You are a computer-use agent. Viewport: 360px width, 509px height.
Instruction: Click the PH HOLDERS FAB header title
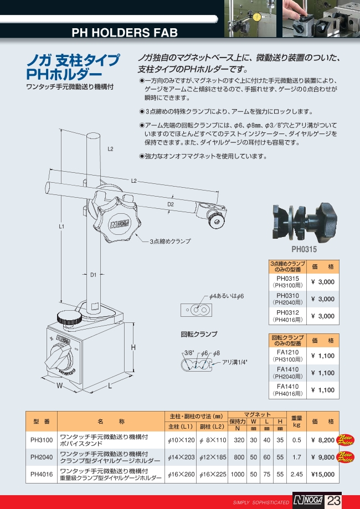click(125, 33)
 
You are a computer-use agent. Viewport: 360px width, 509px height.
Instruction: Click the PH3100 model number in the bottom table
click(42, 440)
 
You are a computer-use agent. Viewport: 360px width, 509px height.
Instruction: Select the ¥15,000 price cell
click(323, 474)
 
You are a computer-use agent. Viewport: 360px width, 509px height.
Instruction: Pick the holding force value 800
click(239, 457)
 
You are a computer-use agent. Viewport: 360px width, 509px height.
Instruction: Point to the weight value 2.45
click(297, 474)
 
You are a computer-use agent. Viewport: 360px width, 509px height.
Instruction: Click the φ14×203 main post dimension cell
click(181, 457)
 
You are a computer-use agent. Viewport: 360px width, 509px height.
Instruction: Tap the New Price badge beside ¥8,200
click(346, 440)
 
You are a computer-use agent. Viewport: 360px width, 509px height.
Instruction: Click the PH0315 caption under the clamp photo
click(304, 249)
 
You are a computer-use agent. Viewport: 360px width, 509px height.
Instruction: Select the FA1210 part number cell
click(287, 352)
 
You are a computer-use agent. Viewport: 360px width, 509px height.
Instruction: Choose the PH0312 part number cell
click(287, 312)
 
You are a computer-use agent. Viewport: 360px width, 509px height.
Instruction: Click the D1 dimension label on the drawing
click(94, 275)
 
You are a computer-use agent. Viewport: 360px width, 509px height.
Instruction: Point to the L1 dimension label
click(61, 227)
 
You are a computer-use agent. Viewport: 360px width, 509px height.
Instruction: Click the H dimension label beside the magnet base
click(133, 347)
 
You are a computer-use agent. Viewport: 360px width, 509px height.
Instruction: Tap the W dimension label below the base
click(59, 386)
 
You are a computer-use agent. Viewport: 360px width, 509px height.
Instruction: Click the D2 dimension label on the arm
click(171, 204)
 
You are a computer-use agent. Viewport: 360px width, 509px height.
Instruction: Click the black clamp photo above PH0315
click(305, 222)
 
